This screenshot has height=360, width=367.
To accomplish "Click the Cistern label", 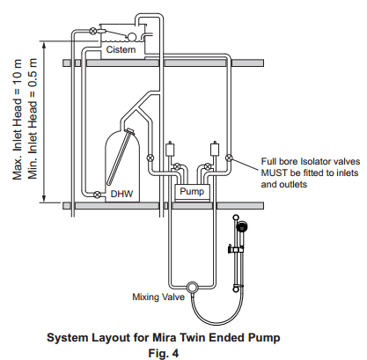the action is click(121, 49).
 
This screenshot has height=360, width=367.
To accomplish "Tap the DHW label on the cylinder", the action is click(121, 194).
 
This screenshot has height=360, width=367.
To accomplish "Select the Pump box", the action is click(192, 193).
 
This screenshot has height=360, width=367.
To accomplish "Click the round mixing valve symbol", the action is click(192, 287).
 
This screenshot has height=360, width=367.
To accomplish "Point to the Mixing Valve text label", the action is click(158, 297).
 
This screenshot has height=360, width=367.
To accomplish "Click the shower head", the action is click(242, 227).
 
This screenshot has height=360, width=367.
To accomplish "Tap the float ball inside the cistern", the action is click(132, 36).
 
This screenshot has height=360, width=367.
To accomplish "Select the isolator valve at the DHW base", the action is click(97, 195).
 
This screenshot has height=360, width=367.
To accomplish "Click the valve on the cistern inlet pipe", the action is click(93, 31).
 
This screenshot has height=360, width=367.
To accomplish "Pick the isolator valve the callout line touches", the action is click(229, 158).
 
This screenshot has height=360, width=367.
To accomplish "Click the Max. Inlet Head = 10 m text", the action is click(18, 120).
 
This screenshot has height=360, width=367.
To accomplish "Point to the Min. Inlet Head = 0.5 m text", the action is click(33, 119).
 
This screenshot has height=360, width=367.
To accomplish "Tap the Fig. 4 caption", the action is click(164, 353).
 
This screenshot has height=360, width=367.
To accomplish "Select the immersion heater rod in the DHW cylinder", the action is click(120, 158).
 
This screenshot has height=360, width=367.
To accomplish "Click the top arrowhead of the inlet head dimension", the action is click(44, 45).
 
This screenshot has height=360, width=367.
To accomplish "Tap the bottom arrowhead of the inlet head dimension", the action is click(44, 199).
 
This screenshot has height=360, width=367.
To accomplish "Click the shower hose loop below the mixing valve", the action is click(217, 324).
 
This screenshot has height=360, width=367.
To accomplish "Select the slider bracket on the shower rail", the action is click(235, 249).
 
